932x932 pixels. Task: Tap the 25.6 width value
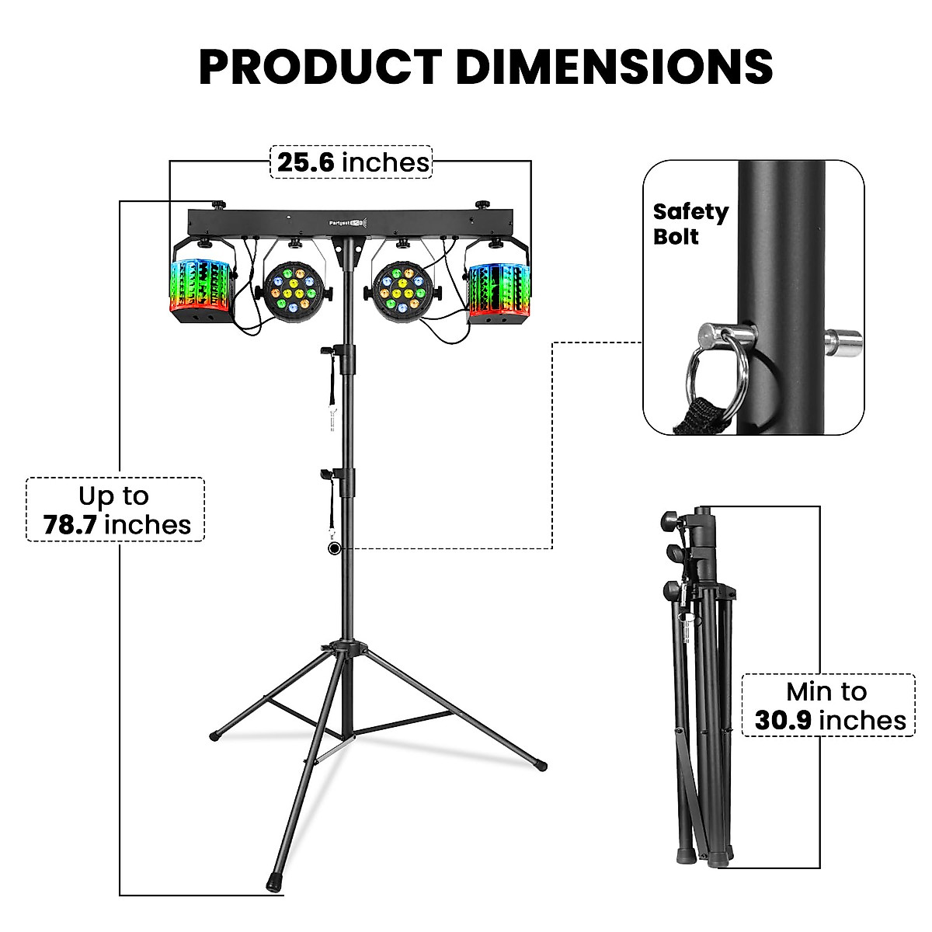[x=306, y=162]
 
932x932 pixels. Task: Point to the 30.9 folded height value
[x=783, y=721]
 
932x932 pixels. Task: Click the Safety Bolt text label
[x=690, y=224]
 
